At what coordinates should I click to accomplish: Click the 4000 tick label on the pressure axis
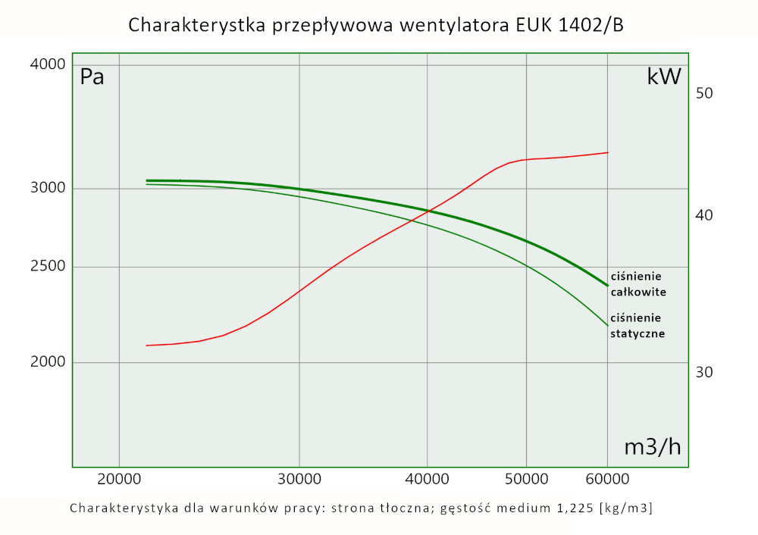[x=48, y=65]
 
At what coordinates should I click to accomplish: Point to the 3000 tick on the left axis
[x=48, y=189]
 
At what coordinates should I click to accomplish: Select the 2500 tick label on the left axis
[x=48, y=267]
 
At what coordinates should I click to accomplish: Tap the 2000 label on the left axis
[x=48, y=362]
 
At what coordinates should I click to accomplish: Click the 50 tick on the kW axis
[x=704, y=93]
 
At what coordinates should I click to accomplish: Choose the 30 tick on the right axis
[x=704, y=372]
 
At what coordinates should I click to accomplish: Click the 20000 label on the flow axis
[x=119, y=480]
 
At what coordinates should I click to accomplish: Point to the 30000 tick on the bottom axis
[x=299, y=480]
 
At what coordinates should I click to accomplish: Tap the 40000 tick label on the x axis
[x=428, y=480]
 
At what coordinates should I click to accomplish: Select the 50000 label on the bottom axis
[x=527, y=480]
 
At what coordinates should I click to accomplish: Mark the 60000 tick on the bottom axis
[x=608, y=480]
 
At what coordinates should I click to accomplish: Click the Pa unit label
[x=92, y=77]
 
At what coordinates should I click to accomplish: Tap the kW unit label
[x=664, y=77]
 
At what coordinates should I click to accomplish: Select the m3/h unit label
[x=652, y=447]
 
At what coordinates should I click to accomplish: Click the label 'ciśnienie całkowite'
[x=638, y=284]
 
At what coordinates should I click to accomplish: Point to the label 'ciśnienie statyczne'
[x=637, y=325]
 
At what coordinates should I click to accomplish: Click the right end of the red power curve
[x=608, y=152]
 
